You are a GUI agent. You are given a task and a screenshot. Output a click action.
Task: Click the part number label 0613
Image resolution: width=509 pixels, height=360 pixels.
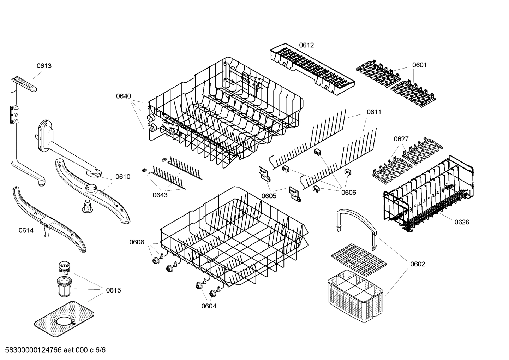click(x=44, y=66)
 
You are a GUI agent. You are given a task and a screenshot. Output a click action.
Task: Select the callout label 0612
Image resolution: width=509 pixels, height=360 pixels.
click(x=306, y=45)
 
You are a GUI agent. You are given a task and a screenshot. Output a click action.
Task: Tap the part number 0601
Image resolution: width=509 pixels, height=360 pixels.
click(x=419, y=65)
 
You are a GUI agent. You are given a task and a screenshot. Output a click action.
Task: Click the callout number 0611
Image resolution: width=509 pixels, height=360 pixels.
click(x=374, y=112)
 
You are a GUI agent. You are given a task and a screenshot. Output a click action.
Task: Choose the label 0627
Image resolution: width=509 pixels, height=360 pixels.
click(x=401, y=139)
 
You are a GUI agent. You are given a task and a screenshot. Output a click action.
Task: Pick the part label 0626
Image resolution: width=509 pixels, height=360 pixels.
click(x=462, y=222)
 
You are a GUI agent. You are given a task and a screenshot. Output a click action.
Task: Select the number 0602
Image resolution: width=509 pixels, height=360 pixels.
click(x=418, y=264)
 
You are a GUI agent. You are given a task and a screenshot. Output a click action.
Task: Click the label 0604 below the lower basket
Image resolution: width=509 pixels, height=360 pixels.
click(x=209, y=306)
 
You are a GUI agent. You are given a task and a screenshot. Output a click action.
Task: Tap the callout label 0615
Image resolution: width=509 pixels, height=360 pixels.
click(x=113, y=290)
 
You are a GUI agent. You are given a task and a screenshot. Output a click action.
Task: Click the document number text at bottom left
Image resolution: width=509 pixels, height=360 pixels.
click(x=53, y=350)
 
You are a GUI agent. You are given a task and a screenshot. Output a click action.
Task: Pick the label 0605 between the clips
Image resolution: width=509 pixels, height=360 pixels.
click(x=269, y=196)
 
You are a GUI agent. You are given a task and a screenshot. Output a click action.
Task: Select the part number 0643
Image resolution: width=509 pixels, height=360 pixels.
click(x=160, y=195)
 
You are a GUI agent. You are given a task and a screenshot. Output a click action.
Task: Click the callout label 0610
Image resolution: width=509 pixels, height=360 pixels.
click(x=123, y=177)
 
